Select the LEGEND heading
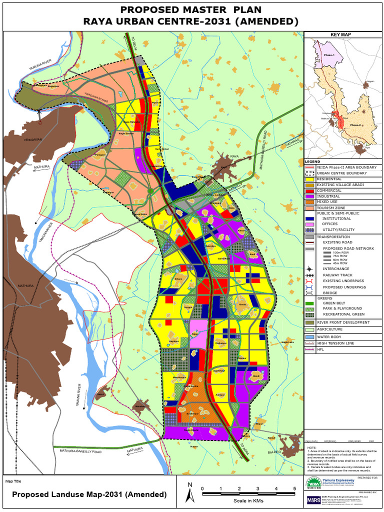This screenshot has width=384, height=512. coord(313,161)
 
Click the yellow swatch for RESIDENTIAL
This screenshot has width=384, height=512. coord(310,179)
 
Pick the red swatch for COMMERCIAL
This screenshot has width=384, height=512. coord(310,190)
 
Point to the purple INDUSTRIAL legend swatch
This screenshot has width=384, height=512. coord(310,196)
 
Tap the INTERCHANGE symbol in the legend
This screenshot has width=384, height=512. coord(310,269)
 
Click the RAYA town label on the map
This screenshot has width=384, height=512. coord(234,157)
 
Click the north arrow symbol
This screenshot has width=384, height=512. coord(189,493)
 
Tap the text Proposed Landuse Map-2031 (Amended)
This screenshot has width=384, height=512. coord(89,494)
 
